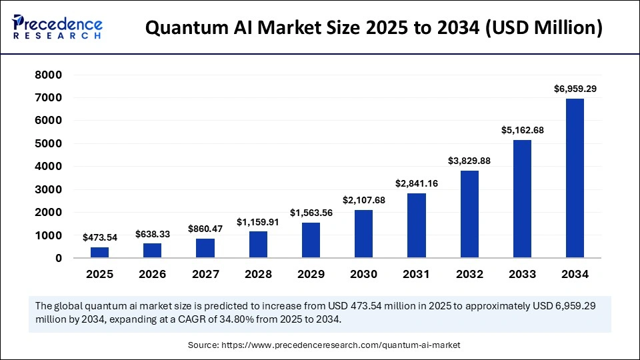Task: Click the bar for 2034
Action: tap(575, 178)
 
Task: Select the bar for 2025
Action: tap(99, 252)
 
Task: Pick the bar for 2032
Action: tap(469, 214)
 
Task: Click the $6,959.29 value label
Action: tap(575, 88)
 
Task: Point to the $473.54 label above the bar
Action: tap(99, 237)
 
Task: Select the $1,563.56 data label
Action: tap(311, 213)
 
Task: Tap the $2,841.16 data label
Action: tap(416, 183)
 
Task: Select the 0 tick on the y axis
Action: tap(58, 258)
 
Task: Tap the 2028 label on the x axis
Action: tap(258, 274)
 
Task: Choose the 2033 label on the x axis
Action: tap(522, 274)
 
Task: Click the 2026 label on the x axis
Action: tap(152, 274)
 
